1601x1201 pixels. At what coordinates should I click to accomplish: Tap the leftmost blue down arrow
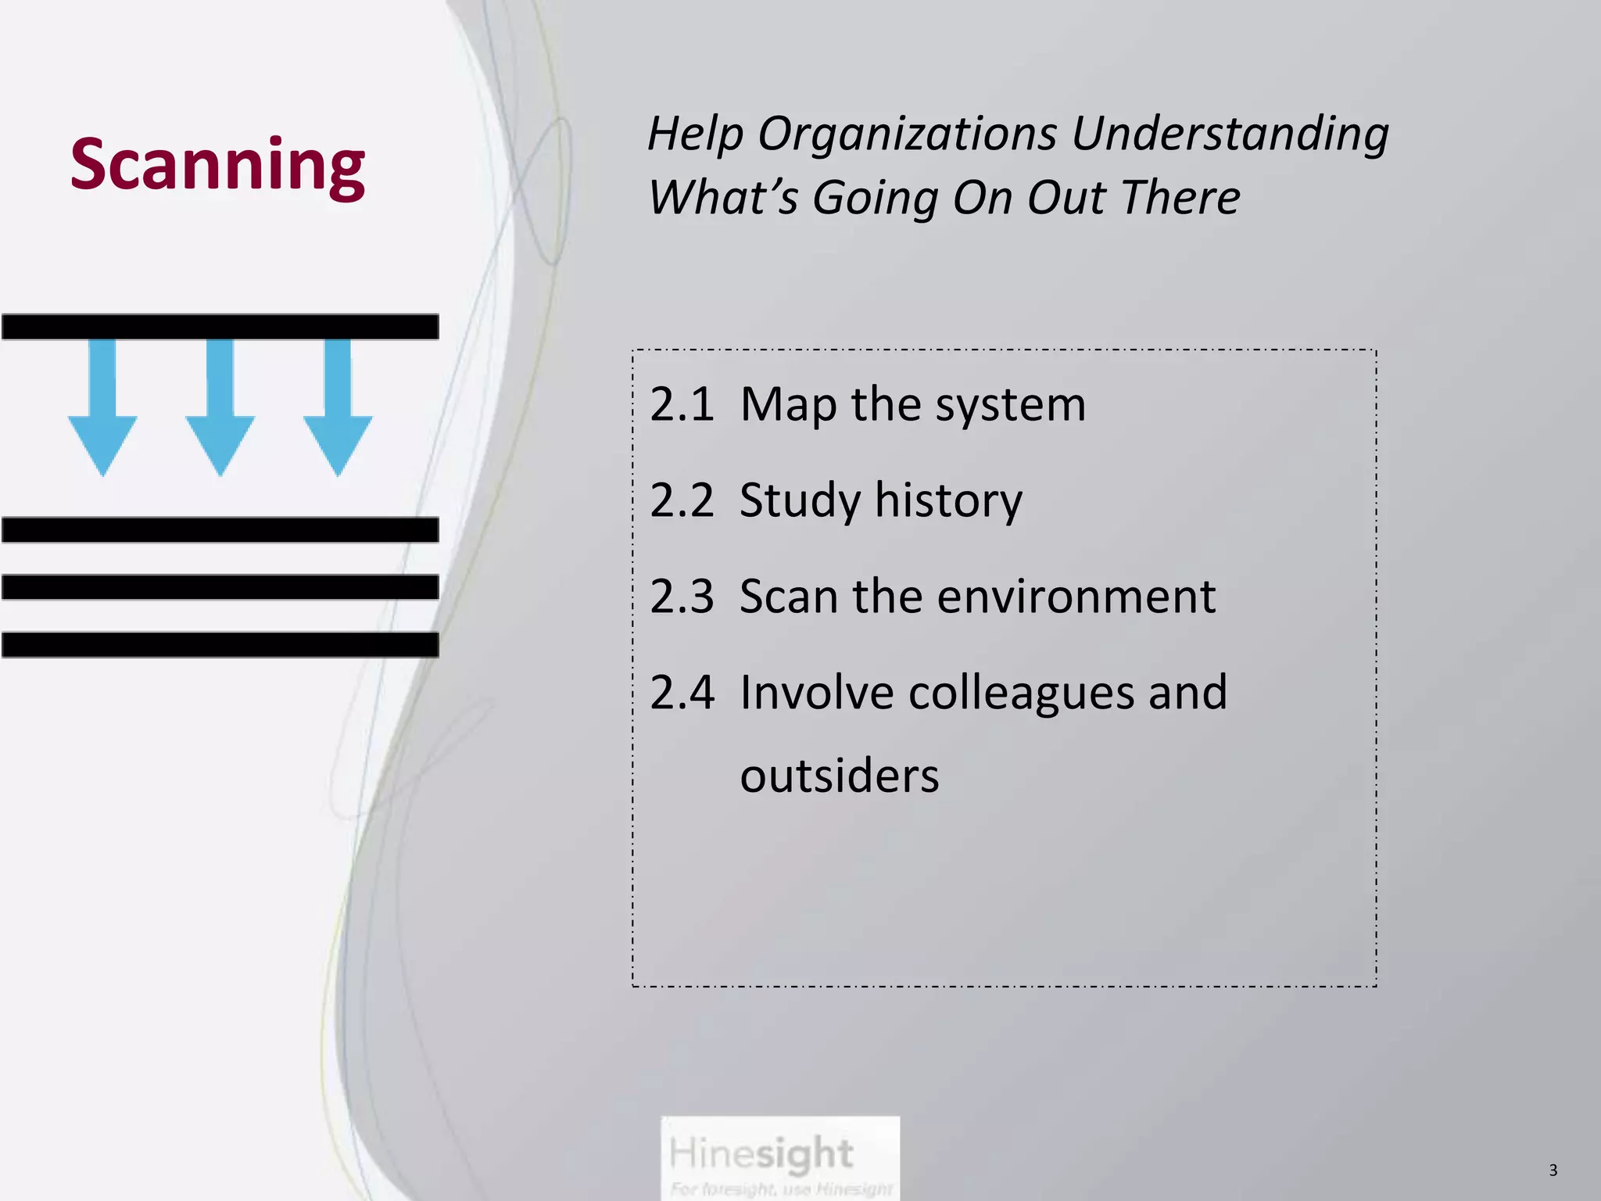(102, 414)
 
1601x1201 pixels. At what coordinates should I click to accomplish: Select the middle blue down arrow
(220, 414)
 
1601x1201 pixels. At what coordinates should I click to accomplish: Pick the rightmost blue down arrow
(338, 414)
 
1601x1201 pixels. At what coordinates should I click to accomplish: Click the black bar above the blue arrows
(220, 327)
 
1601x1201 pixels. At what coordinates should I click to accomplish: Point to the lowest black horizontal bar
(220, 645)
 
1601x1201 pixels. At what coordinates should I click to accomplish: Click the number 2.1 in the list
(682, 405)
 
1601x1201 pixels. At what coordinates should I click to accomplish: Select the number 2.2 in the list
(682, 500)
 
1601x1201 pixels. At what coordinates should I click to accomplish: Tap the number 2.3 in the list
(682, 597)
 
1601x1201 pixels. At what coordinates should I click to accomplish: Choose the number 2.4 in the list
(682, 693)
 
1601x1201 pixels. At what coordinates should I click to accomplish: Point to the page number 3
(1553, 1171)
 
